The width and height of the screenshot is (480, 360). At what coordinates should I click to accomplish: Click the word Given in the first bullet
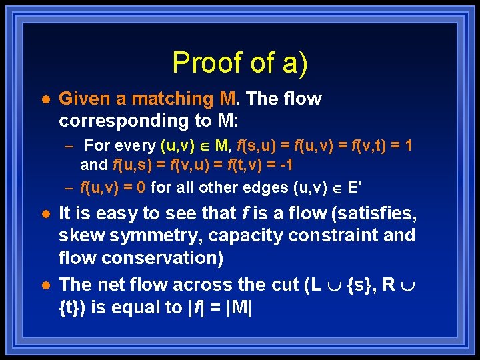click(x=82, y=99)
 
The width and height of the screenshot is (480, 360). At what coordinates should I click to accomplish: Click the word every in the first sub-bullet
click(x=137, y=145)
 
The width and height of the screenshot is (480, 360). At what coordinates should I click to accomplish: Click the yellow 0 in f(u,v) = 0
click(x=141, y=187)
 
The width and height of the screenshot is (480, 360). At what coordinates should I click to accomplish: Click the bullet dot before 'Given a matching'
click(x=42, y=99)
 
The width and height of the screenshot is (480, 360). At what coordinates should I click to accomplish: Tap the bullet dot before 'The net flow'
click(x=42, y=285)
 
